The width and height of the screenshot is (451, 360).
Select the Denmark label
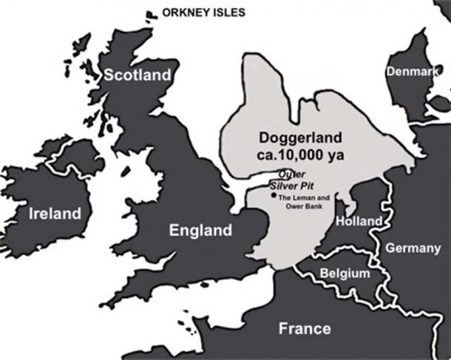pos(410,72)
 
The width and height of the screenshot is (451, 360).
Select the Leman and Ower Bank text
pos(302,203)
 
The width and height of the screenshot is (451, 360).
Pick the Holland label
pos(359,221)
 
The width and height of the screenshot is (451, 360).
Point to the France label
pos(304,329)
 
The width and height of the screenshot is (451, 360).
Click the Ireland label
pos(53,214)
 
